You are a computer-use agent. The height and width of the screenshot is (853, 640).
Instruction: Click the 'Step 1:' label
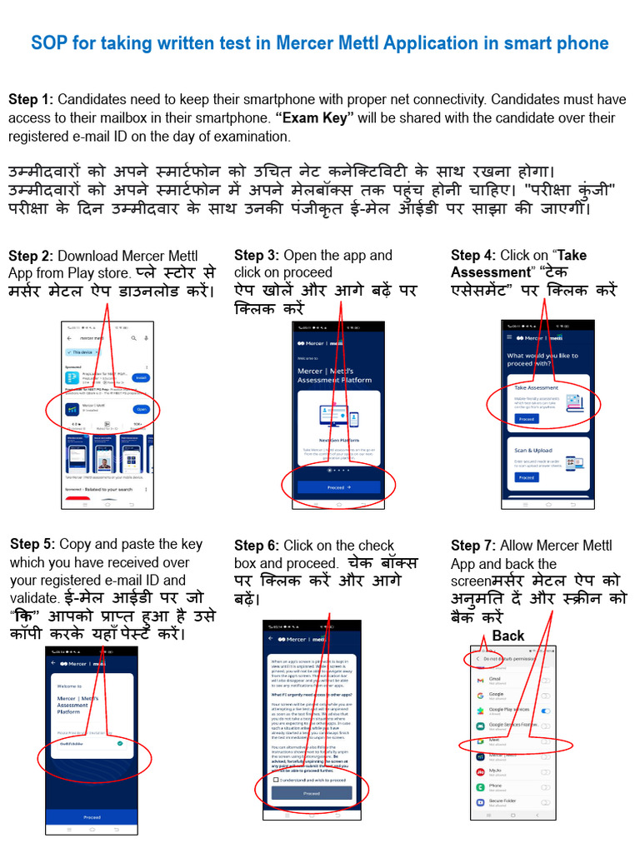31,100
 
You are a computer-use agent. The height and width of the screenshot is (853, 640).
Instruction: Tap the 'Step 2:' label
31,257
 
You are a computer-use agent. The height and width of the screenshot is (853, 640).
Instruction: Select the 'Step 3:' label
257,256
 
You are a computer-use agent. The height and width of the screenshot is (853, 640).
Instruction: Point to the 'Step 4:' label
473,256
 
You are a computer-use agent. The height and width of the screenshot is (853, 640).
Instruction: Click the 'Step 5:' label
32,544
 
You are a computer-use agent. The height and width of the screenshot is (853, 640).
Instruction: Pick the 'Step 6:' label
257,546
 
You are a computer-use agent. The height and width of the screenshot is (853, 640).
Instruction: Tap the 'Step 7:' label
473,546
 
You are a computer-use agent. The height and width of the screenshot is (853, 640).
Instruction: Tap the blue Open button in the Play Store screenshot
141,409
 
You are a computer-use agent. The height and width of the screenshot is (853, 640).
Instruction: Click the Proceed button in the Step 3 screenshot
338,487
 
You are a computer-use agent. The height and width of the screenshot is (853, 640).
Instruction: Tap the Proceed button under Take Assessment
526,419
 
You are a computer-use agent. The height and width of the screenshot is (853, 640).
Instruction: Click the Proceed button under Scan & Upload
526,477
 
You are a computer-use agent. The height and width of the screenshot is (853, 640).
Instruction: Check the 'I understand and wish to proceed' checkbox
276,780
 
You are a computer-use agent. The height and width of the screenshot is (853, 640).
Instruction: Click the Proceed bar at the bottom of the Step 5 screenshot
92,817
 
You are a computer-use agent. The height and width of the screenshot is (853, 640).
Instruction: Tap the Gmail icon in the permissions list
480,680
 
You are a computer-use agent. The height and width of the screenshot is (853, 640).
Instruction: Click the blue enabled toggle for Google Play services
545,711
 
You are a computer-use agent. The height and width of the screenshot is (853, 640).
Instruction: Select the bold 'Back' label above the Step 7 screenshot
507,636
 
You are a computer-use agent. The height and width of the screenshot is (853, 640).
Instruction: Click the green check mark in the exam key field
122,742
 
